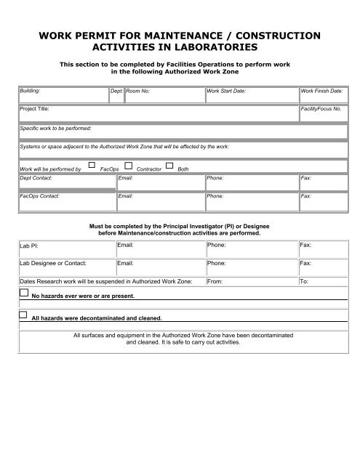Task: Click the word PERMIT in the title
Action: click(x=104, y=36)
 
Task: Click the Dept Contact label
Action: click(x=36, y=177)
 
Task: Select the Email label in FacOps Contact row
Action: click(x=125, y=196)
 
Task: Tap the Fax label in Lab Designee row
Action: click(x=305, y=263)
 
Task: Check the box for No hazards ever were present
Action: click(x=23, y=294)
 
